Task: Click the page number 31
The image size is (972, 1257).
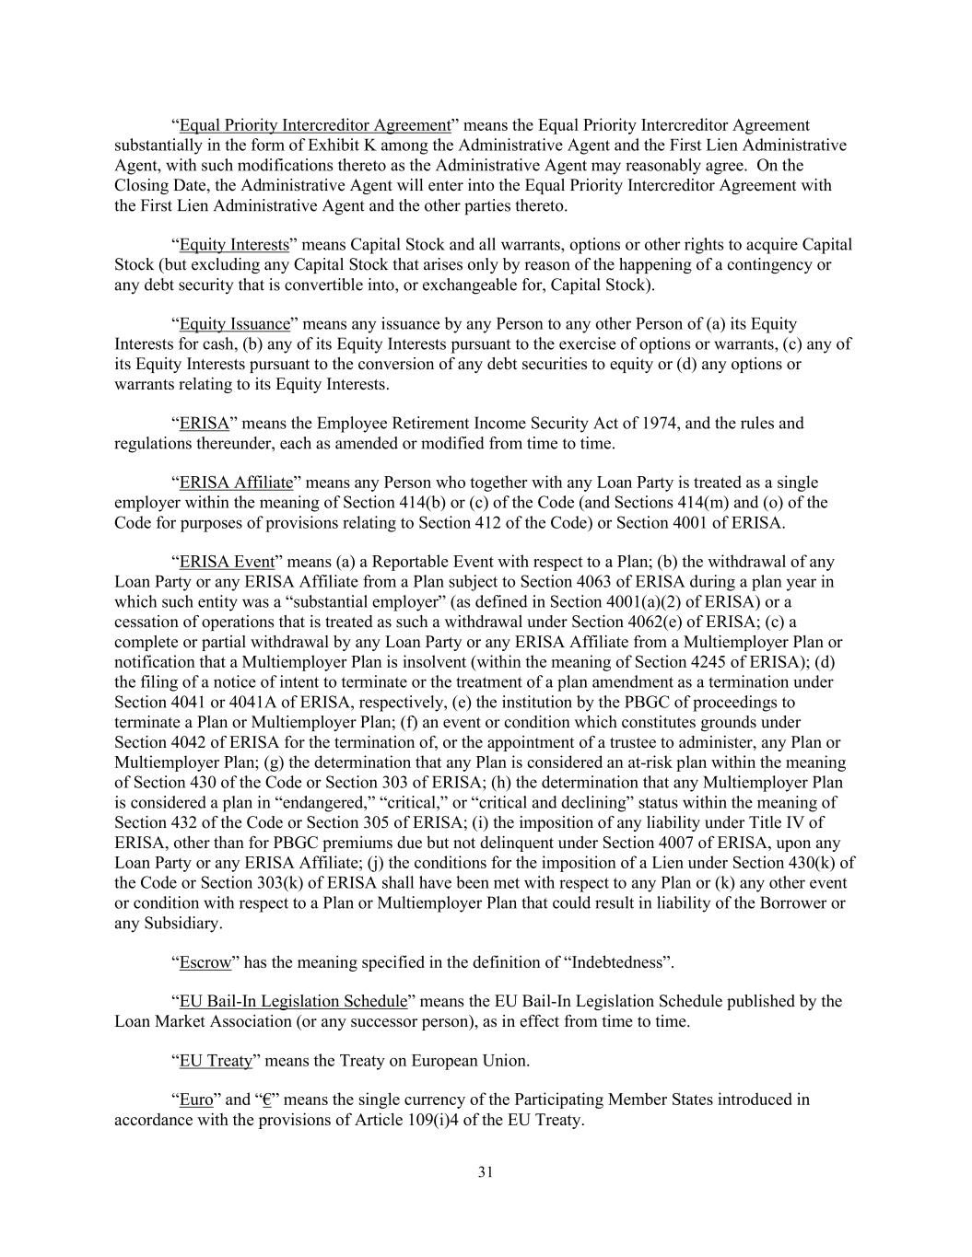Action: click(x=486, y=1172)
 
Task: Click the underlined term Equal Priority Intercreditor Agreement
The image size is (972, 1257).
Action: click(x=315, y=125)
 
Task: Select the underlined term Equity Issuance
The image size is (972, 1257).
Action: click(x=234, y=324)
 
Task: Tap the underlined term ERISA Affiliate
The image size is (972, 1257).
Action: click(x=236, y=483)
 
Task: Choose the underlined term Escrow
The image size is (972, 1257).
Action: click(x=205, y=962)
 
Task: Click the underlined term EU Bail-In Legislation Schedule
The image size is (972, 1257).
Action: click(x=293, y=1001)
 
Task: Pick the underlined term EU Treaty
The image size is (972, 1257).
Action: click(x=216, y=1061)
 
